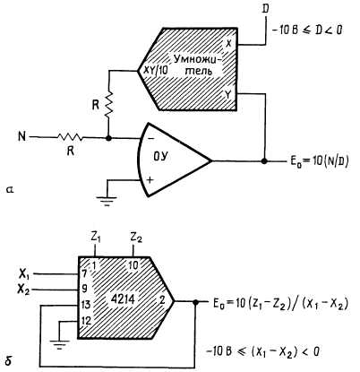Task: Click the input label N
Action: coord(21,137)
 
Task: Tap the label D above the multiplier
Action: coord(265,9)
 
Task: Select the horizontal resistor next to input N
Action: coord(70,137)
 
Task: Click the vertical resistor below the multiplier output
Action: coord(109,104)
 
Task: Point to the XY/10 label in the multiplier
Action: coord(156,71)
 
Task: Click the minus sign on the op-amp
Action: coord(151,139)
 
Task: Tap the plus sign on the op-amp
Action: coord(150,179)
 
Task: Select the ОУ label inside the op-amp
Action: coord(160,156)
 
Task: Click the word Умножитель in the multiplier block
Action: coord(198,65)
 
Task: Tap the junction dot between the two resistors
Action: coord(109,138)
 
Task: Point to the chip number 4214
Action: coord(123,298)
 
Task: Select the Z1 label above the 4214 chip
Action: coord(96,238)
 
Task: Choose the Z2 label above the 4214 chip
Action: coord(136,238)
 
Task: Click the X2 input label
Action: coord(24,290)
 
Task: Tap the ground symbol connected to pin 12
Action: coord(60,343)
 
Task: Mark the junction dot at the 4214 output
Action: coord(196,302)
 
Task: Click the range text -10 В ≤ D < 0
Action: coord(307,30)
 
